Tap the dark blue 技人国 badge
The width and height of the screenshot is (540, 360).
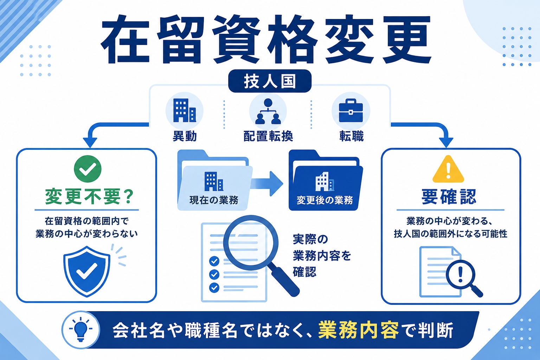(270, 81)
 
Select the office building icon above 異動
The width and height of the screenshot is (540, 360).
(185, 111)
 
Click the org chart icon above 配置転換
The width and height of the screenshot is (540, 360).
(268, 111)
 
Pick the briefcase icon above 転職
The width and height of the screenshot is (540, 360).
(351, 111)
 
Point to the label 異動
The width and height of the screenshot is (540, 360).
(185, 136)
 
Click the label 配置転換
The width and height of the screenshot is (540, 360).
(268, 136)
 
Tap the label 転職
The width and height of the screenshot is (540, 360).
(352, 136)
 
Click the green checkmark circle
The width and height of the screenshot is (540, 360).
(88, 169)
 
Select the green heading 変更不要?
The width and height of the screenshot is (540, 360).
(89, 197)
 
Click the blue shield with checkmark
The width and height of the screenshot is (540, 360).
(87, 271)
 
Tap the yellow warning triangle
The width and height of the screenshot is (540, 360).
(448, 169)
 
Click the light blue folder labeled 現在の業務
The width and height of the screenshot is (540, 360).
(214, 180)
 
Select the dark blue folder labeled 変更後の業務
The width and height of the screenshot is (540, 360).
(325, 180)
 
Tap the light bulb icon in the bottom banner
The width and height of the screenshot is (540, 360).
(80, 330)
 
